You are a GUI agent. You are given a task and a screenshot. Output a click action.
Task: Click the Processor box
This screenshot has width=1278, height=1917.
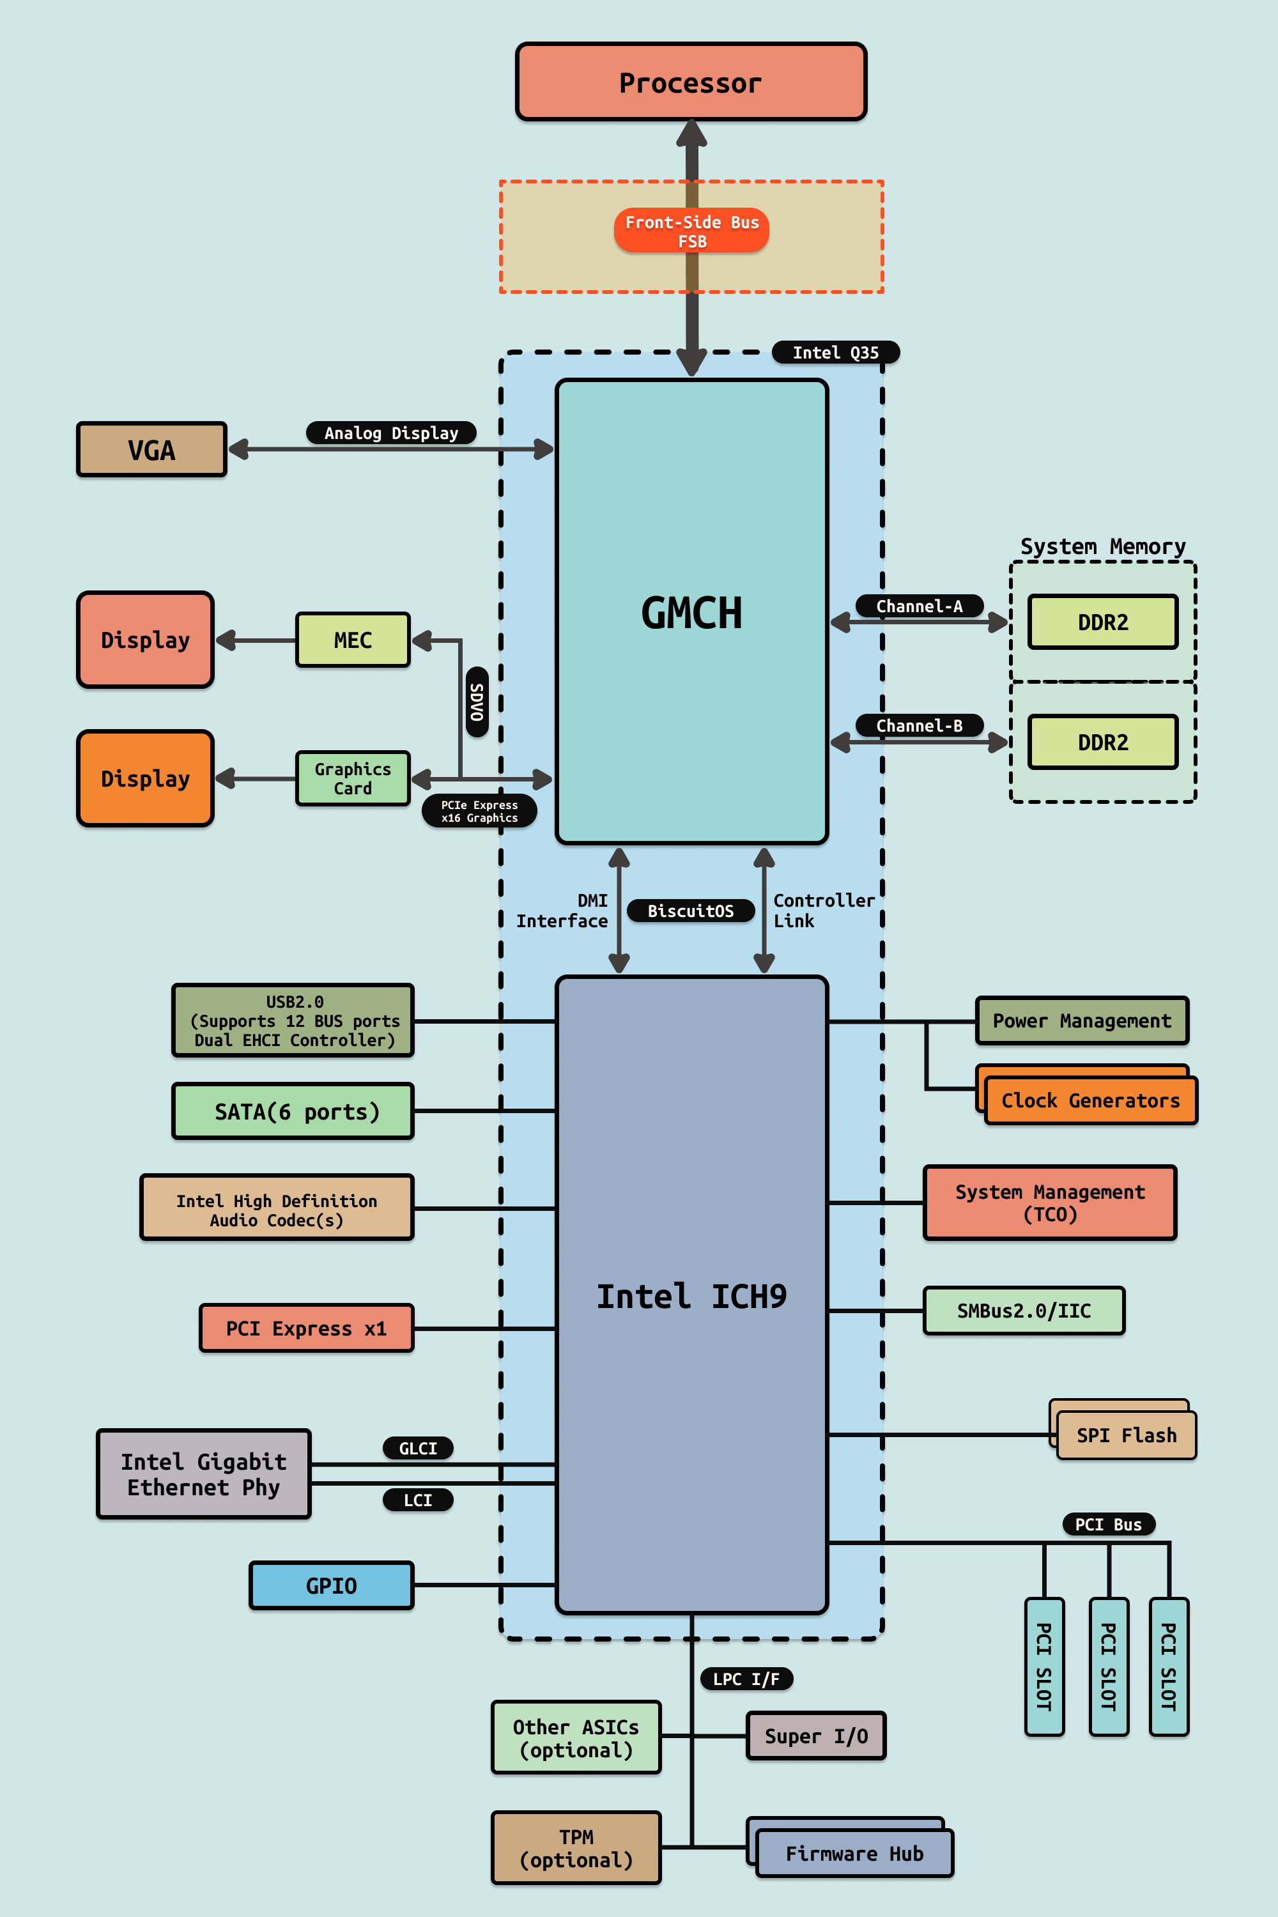coord(690,82)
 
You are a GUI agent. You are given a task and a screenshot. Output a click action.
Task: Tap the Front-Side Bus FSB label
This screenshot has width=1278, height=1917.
coord(691,231)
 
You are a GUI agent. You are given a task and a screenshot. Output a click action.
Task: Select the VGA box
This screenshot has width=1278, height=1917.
coord(151,449)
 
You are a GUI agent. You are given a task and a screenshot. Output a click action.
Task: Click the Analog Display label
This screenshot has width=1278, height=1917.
coord(391,433)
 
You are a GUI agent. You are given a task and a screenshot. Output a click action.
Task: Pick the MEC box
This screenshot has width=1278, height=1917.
coord(353,640)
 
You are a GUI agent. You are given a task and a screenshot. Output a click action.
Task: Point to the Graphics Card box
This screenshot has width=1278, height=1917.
coord(353,778)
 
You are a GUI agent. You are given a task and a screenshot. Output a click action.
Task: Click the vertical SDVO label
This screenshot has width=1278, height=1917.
coord(477,702)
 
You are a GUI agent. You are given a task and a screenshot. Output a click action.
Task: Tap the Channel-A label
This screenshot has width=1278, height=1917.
coord(919,606)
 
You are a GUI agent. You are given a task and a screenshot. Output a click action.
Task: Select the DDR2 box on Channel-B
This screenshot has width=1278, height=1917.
coord(1103,742)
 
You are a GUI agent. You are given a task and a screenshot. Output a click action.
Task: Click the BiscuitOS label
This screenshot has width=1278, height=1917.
coord(690,911)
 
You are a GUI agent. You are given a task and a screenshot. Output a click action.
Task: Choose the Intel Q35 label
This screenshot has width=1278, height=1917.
coord(835,352)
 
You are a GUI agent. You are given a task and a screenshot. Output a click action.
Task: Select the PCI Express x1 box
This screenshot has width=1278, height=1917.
coord(307,1328)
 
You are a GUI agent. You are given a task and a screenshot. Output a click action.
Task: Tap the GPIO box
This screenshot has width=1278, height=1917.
coord(332,1585)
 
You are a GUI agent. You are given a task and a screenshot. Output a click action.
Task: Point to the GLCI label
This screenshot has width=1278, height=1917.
coord(418,1447)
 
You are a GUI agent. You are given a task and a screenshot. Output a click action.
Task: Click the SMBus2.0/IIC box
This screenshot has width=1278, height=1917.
coord(1024,1311)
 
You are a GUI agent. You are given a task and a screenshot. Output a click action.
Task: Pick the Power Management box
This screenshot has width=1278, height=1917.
coord(1082,1020)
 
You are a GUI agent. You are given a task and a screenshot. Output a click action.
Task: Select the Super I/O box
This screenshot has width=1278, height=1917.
coord(816,1736)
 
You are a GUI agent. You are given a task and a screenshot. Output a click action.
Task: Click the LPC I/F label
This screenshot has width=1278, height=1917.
coord(746,1678)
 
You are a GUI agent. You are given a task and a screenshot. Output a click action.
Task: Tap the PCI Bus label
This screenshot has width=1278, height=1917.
coord(1109,1524)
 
